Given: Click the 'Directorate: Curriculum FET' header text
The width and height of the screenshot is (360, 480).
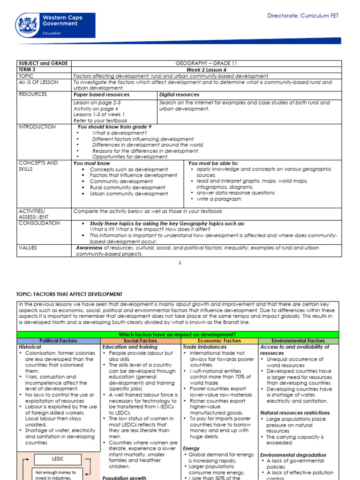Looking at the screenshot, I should (x=303, y=16).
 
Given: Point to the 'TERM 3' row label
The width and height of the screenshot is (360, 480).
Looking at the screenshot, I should (x=27, y=69).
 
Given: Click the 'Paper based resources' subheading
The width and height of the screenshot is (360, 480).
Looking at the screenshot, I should (x=102, y=95).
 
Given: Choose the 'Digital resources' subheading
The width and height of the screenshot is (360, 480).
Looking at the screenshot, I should (x=179, y=95).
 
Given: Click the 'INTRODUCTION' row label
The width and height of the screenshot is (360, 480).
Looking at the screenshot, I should (x=37, y=127).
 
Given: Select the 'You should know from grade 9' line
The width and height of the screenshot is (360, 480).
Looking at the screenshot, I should (x=114, y=127).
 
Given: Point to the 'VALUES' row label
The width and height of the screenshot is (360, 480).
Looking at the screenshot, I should (x=28, y=247).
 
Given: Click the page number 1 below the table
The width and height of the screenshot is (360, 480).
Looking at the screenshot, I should (x=180, y=263).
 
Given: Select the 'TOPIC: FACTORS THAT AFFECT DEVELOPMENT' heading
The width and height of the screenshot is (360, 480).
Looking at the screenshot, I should (x=69, y=294).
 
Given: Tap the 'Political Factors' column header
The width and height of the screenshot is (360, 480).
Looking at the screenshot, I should (x=59, y=341).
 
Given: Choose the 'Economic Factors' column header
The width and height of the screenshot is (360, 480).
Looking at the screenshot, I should (x=219, y=341).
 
